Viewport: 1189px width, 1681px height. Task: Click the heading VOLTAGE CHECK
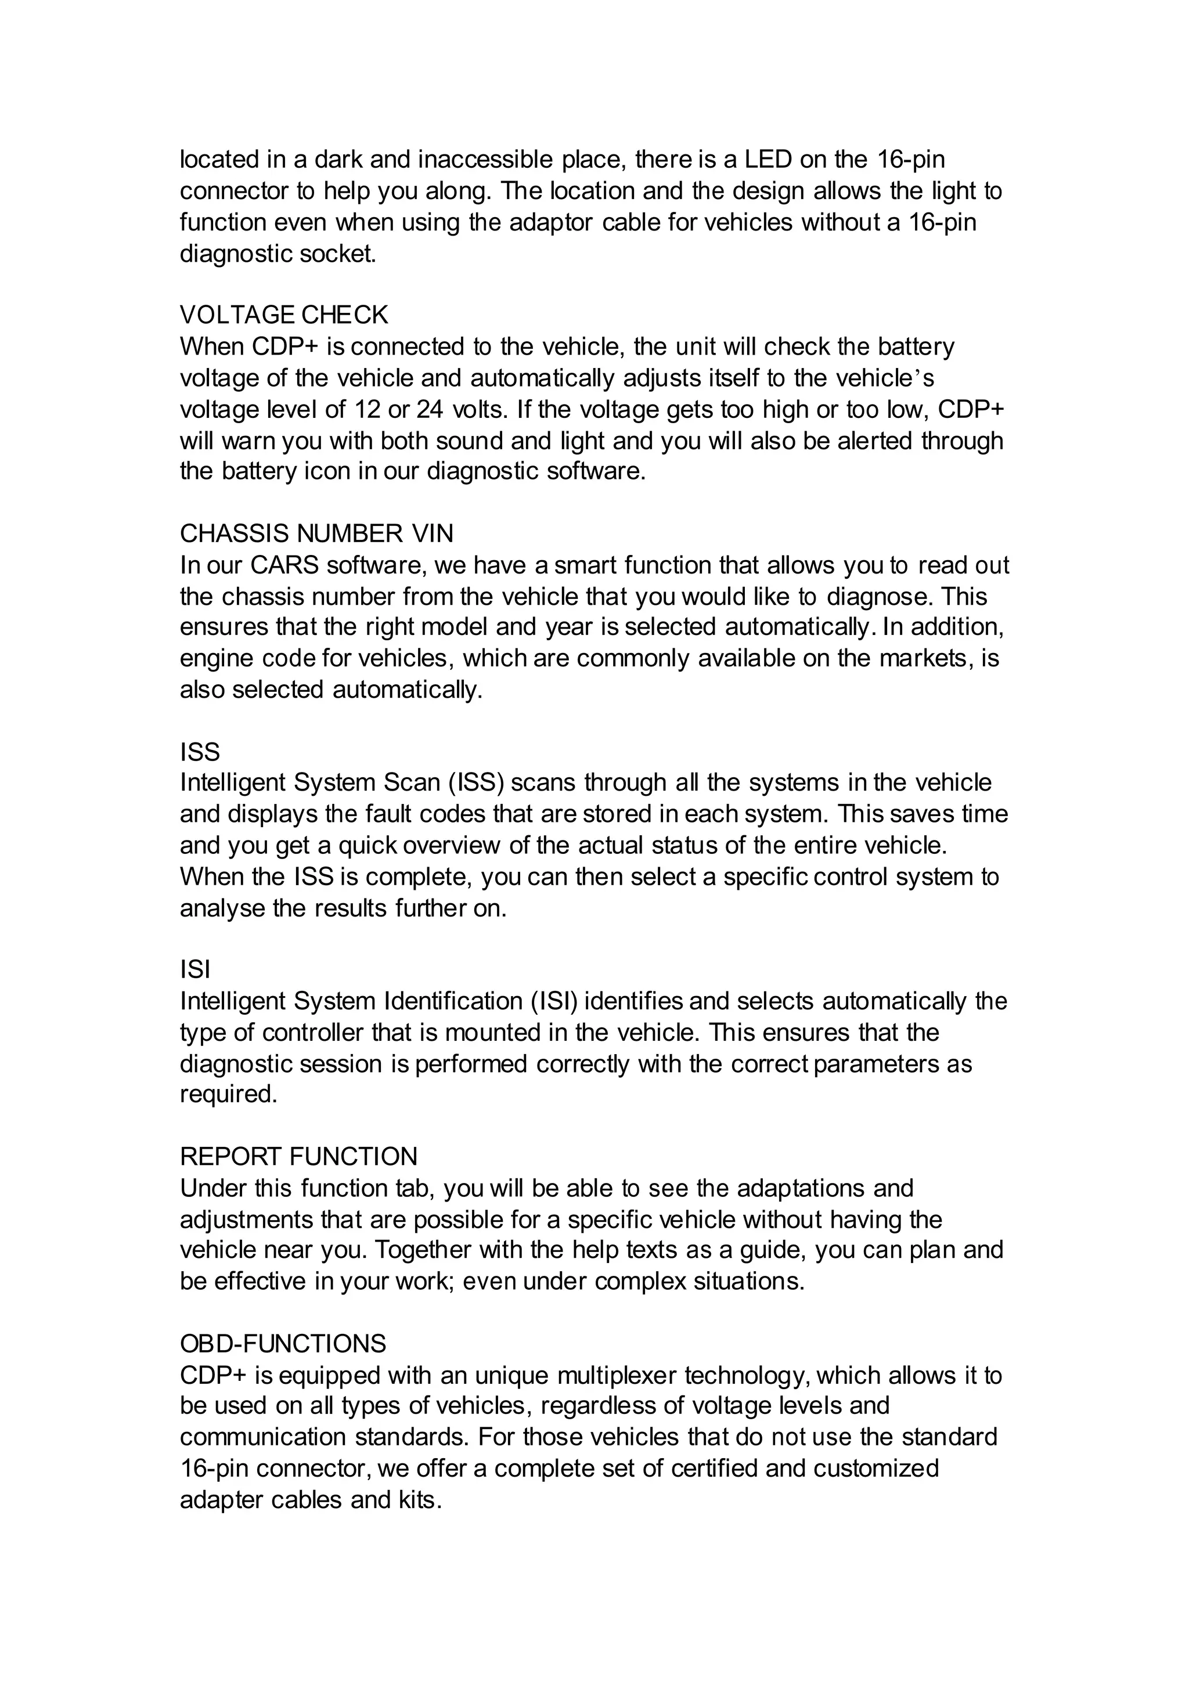pyautogui.click(x=283, y=315)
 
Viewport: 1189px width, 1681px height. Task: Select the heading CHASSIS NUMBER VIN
pyautogui.click(x=316, y=534)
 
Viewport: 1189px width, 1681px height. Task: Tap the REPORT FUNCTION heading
pyautogui.click(x=299, y=1157)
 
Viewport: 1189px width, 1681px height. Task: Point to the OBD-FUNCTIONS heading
pyautogui.click(x=283, y=1344)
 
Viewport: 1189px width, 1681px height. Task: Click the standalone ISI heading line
pyautogui.click(x=194, y=970)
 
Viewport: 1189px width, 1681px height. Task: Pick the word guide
pyautogui.click(x=772, y=1250)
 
